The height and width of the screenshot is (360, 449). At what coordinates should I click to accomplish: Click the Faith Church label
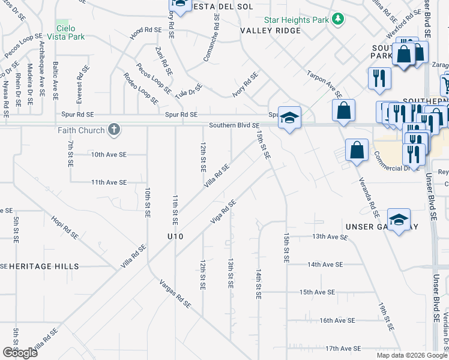tap(82, 130)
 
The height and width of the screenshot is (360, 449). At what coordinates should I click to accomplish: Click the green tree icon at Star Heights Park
tap(338, 19)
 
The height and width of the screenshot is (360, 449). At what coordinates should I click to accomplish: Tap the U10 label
tap(175, 237)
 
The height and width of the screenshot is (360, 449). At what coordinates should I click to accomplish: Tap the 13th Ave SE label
tap(330, 237)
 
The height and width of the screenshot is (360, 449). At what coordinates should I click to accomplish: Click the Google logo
tap(20, 353)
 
